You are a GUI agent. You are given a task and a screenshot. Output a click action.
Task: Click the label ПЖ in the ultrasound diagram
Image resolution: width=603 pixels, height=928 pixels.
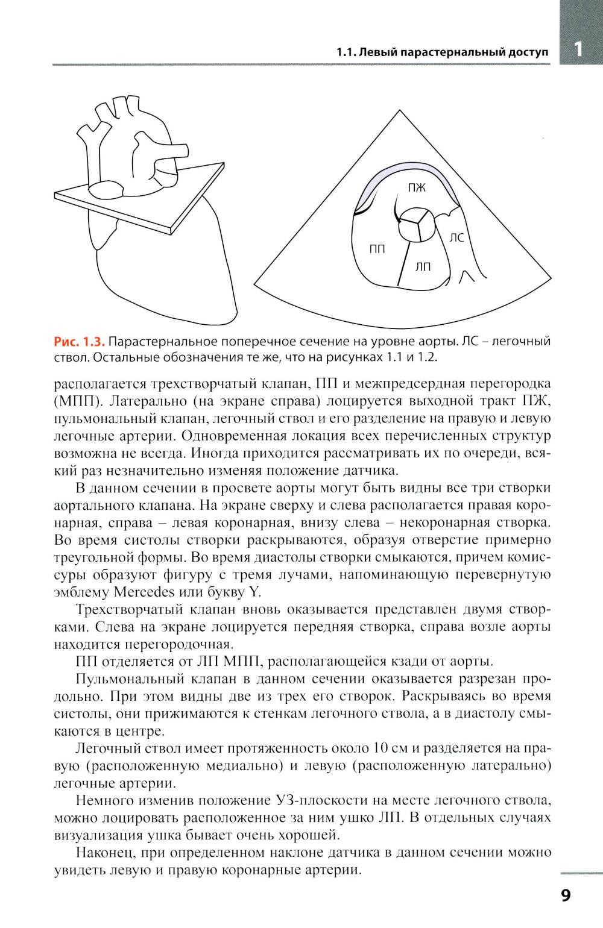417,188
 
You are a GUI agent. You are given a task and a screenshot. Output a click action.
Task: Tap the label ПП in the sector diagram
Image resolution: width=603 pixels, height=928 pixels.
377,248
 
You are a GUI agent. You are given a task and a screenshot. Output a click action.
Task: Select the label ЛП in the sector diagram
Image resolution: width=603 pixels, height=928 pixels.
423,266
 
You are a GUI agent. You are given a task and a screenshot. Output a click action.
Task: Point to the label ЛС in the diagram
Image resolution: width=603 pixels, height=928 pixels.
456,238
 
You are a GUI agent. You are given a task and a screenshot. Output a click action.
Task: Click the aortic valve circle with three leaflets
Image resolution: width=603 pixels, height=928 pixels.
415,224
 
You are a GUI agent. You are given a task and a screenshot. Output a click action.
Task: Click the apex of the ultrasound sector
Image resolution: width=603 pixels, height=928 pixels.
400,111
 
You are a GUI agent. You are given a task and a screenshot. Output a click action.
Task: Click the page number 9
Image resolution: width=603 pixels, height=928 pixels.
566,894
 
